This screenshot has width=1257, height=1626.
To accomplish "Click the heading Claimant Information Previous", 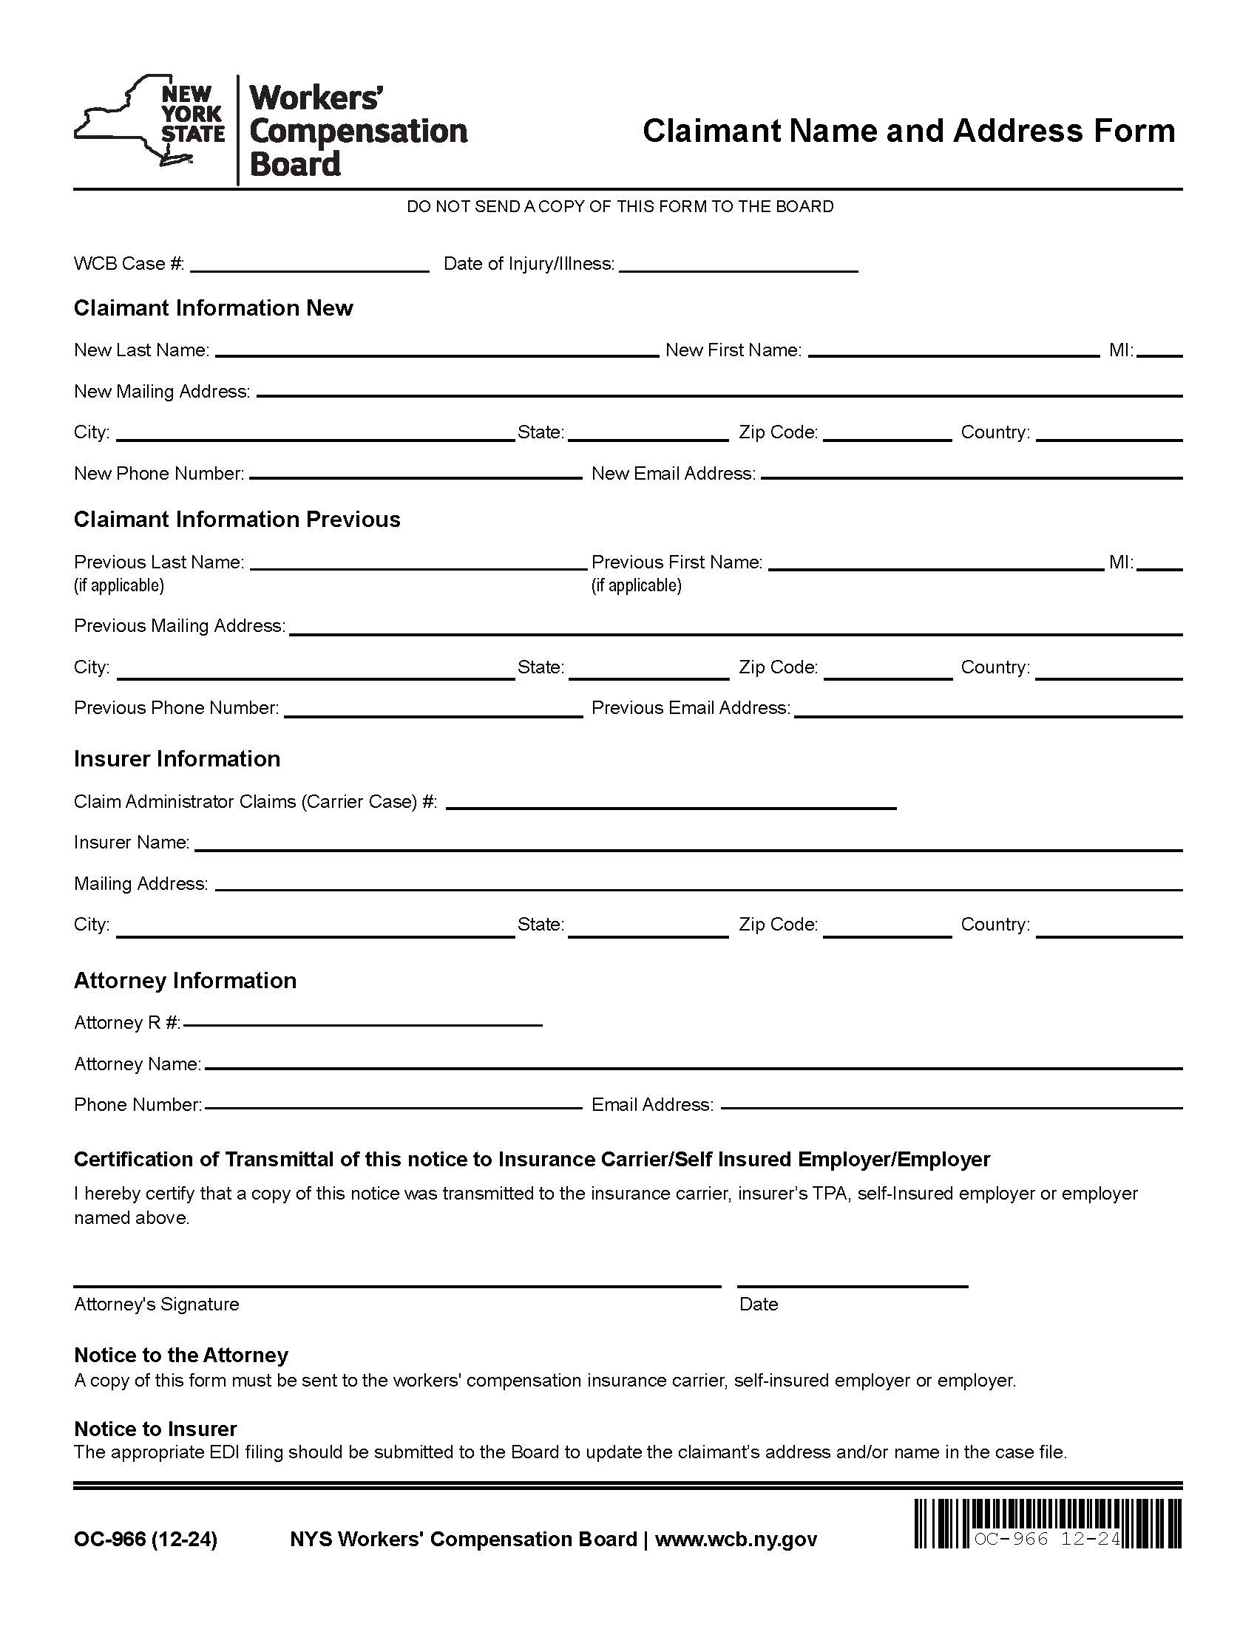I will [237, 520].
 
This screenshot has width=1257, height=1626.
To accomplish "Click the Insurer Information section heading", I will [177, 758].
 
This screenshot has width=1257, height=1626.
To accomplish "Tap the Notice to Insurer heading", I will [155, 1429].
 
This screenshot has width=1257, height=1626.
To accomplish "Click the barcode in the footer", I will [1048, 1523].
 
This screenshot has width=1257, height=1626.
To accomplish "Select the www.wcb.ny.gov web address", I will [736, 1540].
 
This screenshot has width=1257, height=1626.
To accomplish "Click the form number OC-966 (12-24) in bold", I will [145, 1540].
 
